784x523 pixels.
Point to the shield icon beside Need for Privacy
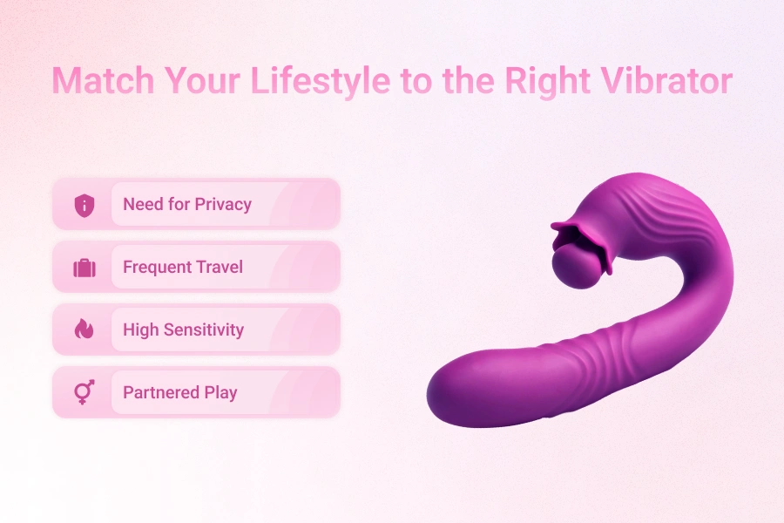click(x=84, y=205)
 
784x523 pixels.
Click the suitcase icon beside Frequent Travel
click(x=84, y=268)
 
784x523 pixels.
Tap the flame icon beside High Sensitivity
click(x=84, y=330)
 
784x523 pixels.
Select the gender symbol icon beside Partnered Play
click(x=84, y=393)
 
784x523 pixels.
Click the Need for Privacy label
click(x=187, y=205)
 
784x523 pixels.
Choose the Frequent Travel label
click(x=183, y=268)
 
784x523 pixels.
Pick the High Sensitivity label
click(x=183, y=330)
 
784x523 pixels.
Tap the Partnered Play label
click(x=180, y=393)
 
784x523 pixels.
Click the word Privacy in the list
click(x=223, y=205)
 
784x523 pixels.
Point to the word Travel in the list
click(x=219, y=268)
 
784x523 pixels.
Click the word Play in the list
click(x=220, y=393)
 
